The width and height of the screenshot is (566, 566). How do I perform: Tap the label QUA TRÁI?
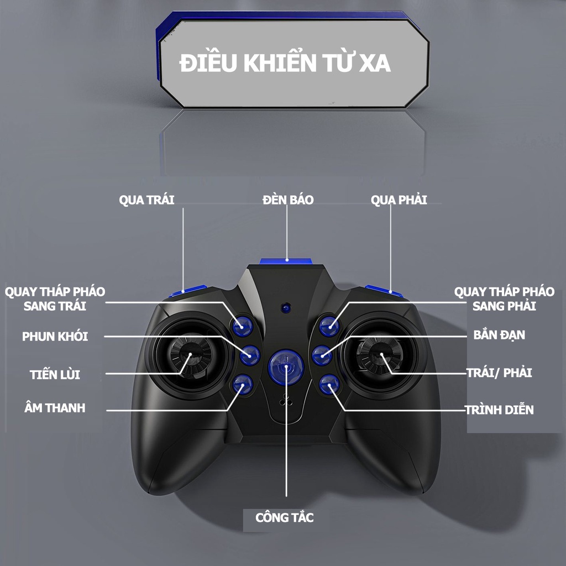click(146, 200)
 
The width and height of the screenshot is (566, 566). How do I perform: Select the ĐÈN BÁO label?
click(287, 200)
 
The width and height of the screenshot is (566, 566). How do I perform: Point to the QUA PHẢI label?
click(399, 200)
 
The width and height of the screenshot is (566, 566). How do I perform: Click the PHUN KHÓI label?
click(55, 336)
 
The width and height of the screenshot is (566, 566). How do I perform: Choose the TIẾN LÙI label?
click(55, 374)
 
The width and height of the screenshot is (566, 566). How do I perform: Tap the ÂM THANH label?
click(55, 408)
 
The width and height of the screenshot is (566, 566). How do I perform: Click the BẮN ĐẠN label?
click(499, 335)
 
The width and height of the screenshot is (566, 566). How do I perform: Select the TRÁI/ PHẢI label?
click(499, 373)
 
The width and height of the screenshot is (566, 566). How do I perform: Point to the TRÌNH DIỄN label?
click(499, 410)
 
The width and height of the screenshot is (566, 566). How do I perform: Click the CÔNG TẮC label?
click(284, 518)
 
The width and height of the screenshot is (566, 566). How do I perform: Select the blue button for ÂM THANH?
click(242, 383)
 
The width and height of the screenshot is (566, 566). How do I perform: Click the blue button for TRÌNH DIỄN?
click(328, 384)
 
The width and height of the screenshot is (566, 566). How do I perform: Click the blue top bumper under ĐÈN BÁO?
click(287, 261)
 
